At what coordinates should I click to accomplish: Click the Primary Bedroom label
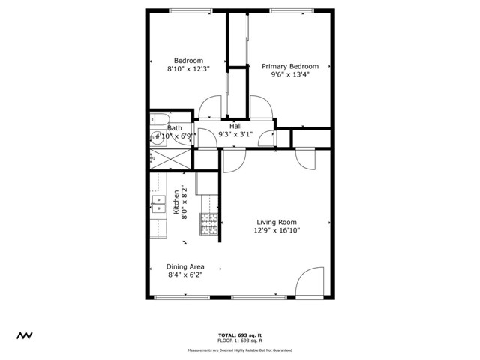(289, 66)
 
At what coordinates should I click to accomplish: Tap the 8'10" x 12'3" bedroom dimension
(188, 69)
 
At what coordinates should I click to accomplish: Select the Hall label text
(235, 126)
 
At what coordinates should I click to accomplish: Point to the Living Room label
(277, 222)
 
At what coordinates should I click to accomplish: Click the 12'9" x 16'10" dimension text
(277, 231)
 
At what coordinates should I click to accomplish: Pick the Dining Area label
(185, 266)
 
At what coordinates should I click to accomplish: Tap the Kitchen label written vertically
(176, 202)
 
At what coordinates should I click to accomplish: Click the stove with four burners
(208, 223)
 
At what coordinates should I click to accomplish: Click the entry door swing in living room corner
(309, 283)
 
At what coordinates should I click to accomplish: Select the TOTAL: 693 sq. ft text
(240, 334)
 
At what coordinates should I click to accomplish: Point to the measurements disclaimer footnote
(240, 349)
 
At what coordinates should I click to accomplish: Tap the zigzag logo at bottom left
(26, 334)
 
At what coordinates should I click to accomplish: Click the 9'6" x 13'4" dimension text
(289, 74)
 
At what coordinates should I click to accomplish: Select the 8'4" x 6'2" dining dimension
(185, 274)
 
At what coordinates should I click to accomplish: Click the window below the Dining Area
(182, 298)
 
